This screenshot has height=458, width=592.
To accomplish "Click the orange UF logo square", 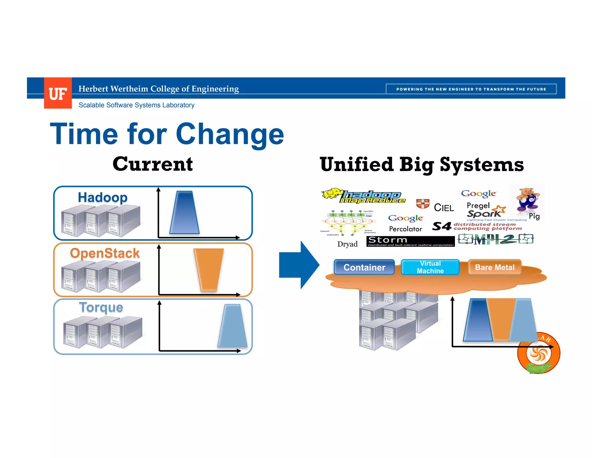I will (x=58, y=93).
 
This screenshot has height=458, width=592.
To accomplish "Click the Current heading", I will (x=153, y=164).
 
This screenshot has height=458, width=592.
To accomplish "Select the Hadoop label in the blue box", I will (x=103, y=197).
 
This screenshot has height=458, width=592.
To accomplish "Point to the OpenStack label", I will (x=105, y=253).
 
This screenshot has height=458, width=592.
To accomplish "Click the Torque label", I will (x=101, y=307).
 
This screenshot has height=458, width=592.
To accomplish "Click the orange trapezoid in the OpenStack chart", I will (x=209, y=269).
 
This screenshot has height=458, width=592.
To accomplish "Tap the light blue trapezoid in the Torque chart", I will (x=233, y=326).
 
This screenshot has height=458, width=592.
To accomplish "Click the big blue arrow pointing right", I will (x=298, y=265).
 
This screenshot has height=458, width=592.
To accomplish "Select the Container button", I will (x=364, y=267).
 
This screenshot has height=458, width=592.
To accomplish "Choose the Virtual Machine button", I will (x=430, y=267).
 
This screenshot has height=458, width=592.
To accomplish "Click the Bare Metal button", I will (x=495, y=267).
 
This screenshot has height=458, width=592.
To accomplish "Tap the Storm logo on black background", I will (x=410, y=241).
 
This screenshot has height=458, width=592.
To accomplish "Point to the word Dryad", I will (x=347, y=244).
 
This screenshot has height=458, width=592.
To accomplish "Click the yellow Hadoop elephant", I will (x=332, y=193).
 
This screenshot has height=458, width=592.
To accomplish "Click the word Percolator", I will (x=405, y=229).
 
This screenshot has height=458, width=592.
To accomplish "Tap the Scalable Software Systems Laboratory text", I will (x=136, y=105).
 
